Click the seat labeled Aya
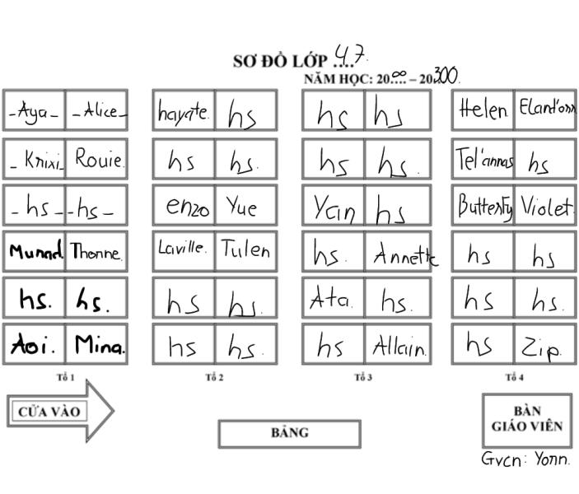coord(34,111)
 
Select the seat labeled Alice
coord(97,111)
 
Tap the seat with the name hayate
coord(184,111)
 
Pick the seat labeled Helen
coord(483,111)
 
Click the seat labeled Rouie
coord(97,158)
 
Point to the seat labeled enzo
coord(184,206)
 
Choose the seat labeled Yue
coord(245,206)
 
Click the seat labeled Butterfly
coord(483,206)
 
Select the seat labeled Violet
coord(545,206)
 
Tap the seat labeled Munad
coord(34,252)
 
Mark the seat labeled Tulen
coord(245,252)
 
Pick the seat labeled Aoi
coord(34,345)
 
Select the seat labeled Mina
coord(97,345)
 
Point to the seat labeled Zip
coord(545,345)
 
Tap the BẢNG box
coord(289,433)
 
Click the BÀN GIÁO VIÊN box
coord(526,420)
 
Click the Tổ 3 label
coord(363,378)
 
